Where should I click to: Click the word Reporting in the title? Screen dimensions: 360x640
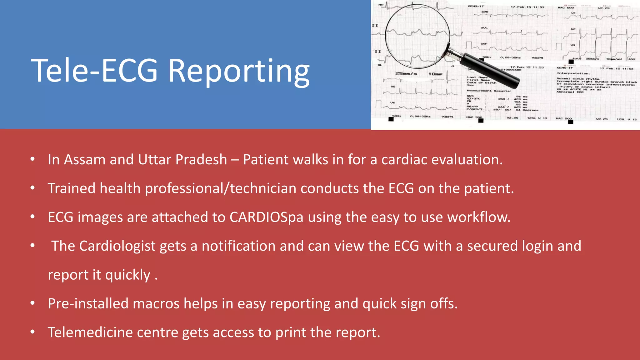pos(239,71)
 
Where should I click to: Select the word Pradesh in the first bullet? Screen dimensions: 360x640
pos(201,160)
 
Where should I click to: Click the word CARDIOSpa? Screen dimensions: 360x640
pos(266,217)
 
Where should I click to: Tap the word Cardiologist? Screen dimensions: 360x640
pos(117,246)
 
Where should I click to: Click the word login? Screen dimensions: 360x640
pos(537,246)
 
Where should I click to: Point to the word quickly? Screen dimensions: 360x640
pos(128,275)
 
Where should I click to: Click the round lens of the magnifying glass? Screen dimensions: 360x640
pos(417,36)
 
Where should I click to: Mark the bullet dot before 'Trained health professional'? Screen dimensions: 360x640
pos(32,188)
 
